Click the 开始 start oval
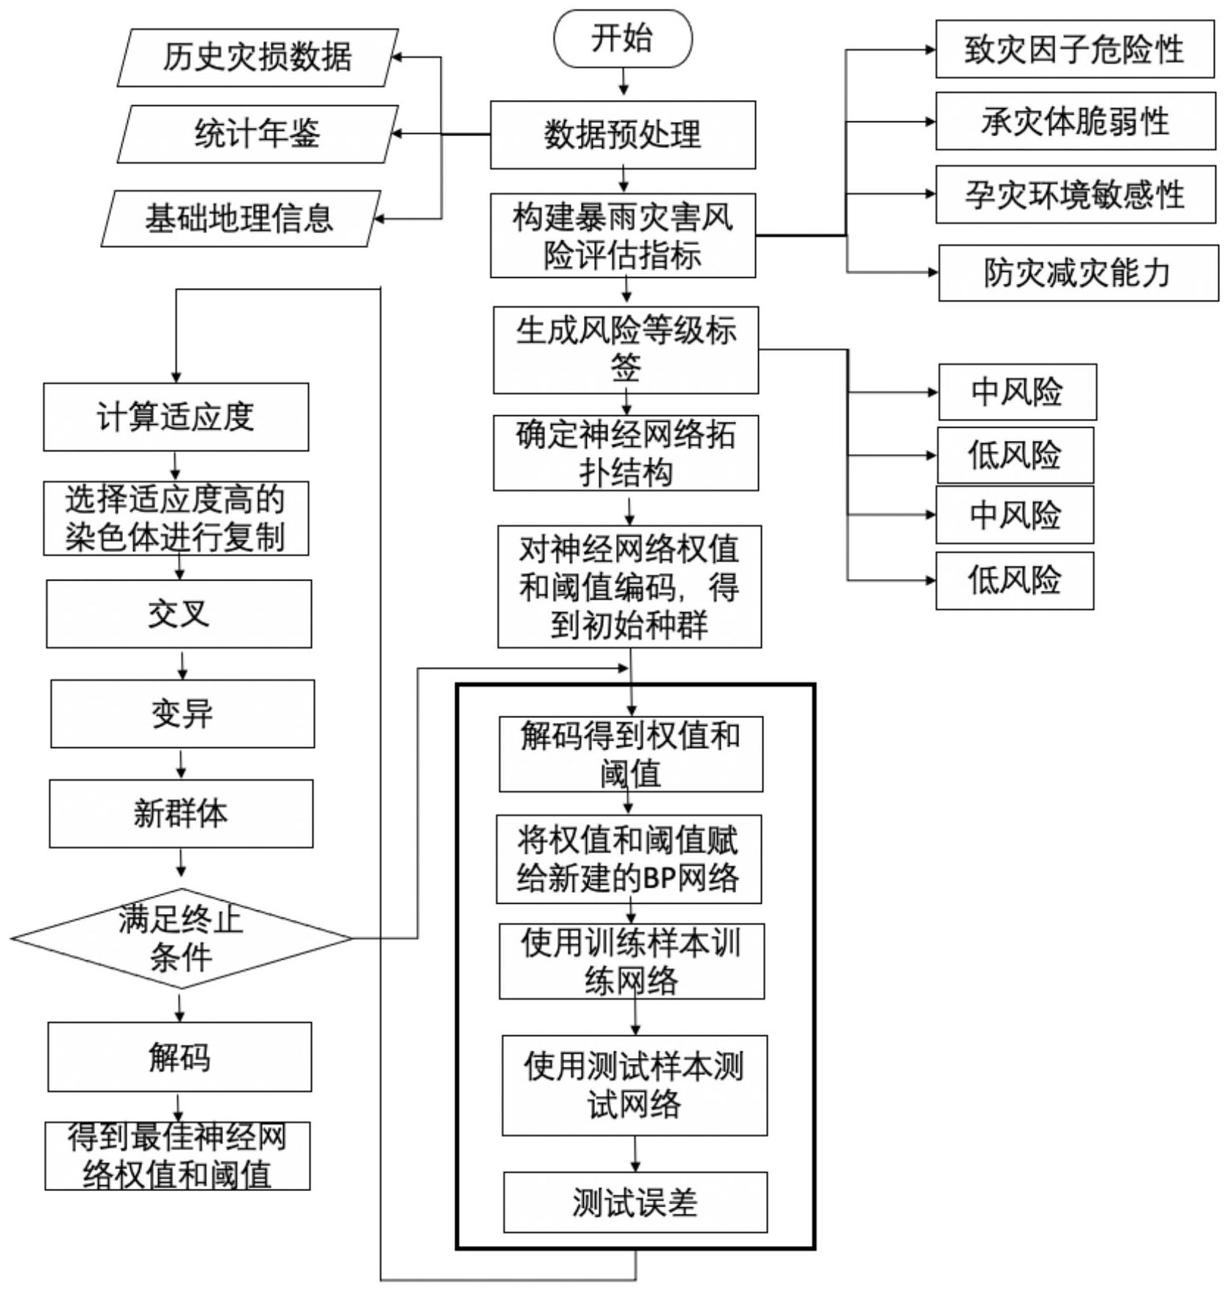click(x=622, y=39)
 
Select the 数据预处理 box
click(x=622, y=135)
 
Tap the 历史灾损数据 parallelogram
click(x=257, y=58)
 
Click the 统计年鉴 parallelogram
click(x=257, y=134)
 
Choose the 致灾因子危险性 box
click(x=1074, y=50)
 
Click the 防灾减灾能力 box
click(x=1078, y=273)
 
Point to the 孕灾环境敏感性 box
click(x=1075, y=194)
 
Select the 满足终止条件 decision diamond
click(x=181, y=938)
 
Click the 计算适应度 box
click(x=176, y=417)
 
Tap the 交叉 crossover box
click(x=179, y=614)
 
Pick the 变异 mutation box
click(x=182, y=714)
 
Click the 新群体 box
click(x=181, y=813)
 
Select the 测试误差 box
click(x=635, y=1202)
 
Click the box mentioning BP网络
click(x=629, y=859)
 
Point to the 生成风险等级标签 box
click(x=626, y=350)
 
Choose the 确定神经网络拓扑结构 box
click(x=626, y=453)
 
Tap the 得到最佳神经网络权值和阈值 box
click(x=177, y=1156)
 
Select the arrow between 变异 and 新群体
click(x=181, y=763)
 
